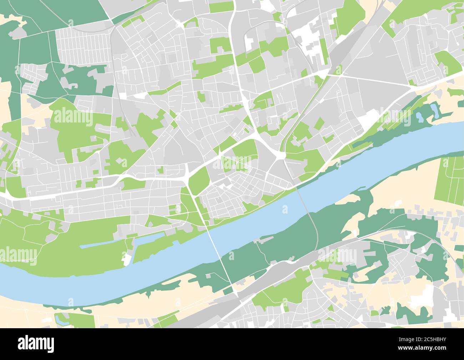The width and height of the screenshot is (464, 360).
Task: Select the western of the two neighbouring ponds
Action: point(418,116)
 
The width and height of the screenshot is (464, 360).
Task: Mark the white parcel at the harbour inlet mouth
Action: point(127,259)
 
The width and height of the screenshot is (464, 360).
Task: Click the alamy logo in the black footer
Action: point(36,344)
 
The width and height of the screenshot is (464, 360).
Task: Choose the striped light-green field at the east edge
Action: point(449,179)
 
